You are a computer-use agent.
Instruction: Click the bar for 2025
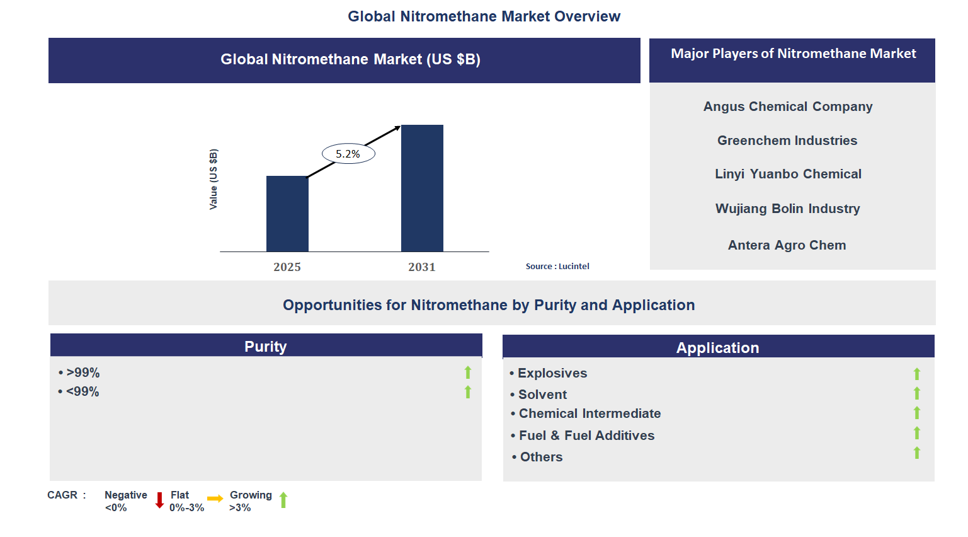(287, 214)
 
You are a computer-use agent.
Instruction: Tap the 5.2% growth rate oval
(348, 154)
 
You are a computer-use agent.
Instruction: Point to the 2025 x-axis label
(287, 267)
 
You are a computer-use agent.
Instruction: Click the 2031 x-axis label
(422, 267)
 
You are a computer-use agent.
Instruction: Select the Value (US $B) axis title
(214, 180)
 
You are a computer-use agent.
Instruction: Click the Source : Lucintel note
(557, 267)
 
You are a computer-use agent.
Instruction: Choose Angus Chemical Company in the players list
(788, 107)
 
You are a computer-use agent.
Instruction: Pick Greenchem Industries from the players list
(787, 141)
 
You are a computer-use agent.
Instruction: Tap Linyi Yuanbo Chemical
(788, 174)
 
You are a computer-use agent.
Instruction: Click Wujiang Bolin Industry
(787, 209)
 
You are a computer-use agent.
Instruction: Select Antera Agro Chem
(787, 245)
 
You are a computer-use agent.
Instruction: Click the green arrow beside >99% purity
(468, 372)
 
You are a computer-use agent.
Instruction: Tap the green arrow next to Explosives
(917, 374)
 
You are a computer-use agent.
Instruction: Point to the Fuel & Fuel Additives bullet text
(586, 436)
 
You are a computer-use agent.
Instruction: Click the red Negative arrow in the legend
(159, 500)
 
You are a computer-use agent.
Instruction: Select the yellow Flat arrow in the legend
(215, 499)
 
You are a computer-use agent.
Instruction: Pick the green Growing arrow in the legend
(283, 500)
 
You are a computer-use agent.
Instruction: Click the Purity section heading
(265, 347)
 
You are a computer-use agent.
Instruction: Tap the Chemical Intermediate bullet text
(589, 413)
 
